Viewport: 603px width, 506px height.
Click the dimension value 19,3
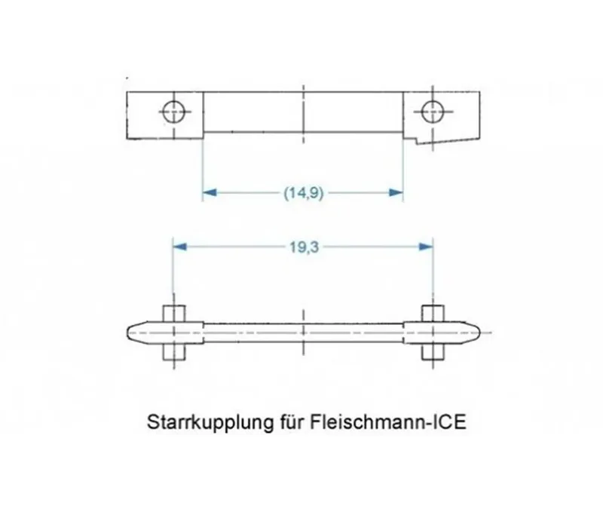(304, 247)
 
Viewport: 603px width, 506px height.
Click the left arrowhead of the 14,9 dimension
(210, 192)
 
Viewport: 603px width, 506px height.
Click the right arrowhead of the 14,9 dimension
(396, 192)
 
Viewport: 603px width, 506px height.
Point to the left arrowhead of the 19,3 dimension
(180, 247)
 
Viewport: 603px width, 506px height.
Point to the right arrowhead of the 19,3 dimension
(426, 247)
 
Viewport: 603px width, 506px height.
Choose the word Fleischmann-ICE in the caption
(387, 422)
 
